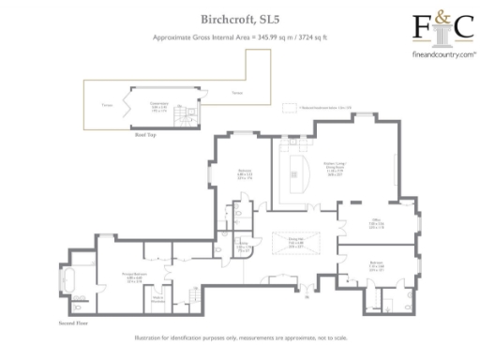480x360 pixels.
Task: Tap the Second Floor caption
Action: click(x=73, y=322)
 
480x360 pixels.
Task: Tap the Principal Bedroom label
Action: click(x=115, y=276)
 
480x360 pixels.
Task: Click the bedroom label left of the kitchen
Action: click(x=243, y=173)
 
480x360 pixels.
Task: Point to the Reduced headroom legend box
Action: click(x=305, y=109)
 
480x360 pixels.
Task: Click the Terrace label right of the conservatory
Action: click(x=237, y=94)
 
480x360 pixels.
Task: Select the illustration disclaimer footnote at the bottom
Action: click(x=239, y=339)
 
